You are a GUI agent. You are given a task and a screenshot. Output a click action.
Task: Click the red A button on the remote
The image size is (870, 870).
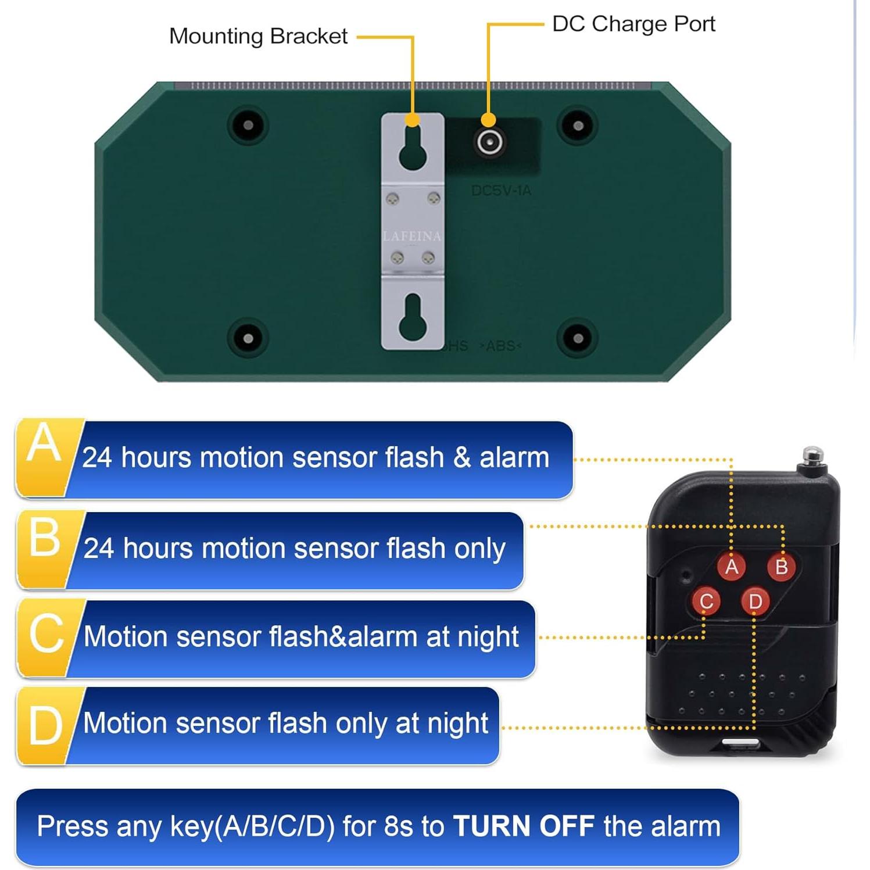pos(731,566)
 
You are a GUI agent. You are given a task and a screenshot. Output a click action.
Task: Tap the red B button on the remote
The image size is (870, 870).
pos(781,566)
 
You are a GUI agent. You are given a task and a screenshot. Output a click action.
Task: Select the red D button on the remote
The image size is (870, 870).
pos(755,601)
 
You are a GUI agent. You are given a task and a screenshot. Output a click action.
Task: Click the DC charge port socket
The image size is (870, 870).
pos(489,142)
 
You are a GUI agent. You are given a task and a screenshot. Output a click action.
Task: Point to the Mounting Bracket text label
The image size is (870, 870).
pos(258,36)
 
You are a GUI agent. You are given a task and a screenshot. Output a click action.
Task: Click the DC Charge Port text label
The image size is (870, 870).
pos(633,24)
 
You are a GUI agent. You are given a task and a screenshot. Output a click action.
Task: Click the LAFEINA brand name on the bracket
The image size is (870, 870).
pos(412,236)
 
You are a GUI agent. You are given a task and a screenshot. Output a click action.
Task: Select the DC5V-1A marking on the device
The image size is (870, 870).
pos(501,191)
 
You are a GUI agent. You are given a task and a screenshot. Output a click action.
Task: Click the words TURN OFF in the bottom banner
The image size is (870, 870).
pos(523,826)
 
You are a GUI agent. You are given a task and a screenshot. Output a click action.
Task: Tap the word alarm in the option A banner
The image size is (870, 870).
pos(514,457)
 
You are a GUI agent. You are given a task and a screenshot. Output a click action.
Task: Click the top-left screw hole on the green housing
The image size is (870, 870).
pos(248,125)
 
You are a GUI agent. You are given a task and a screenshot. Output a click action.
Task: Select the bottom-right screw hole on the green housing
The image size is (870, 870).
pos(578,338)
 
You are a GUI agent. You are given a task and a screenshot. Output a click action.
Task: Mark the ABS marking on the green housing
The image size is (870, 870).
pos(500,346)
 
